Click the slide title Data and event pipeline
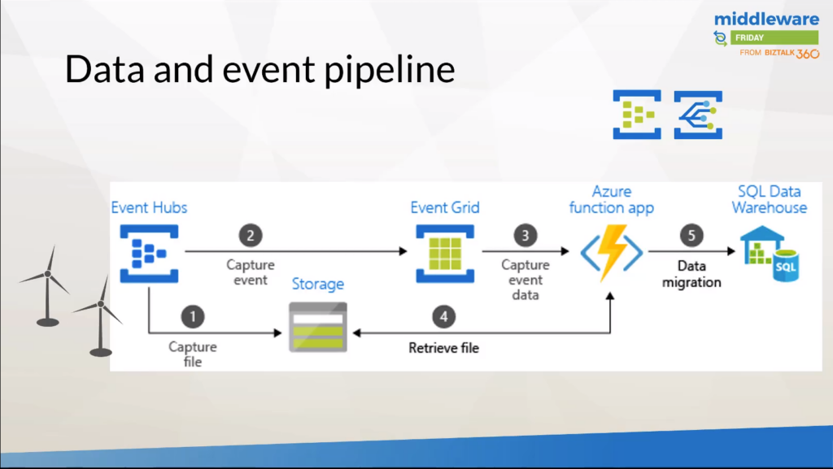[259, 70]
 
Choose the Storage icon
[318, 327]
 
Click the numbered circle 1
[193, 316]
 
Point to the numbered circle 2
[251, 235]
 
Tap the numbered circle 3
[525, 235]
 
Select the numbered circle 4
[443, 316]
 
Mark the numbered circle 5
[691, 235]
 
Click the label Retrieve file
[443, 348]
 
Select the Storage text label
[318, 284]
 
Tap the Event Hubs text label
[149, 208]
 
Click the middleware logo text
[766, 19]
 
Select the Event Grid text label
[444, 208]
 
